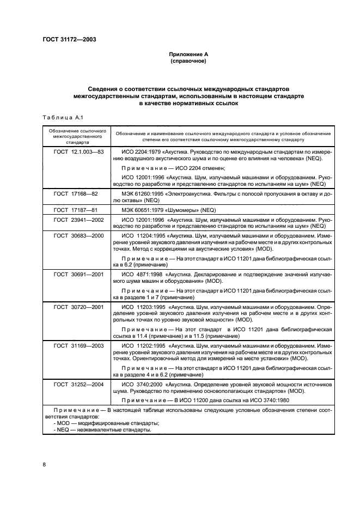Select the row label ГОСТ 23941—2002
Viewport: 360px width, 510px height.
coord(77,219)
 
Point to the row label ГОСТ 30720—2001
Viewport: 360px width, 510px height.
coord(77,307)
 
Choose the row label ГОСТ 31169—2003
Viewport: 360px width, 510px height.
coord(77,345)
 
